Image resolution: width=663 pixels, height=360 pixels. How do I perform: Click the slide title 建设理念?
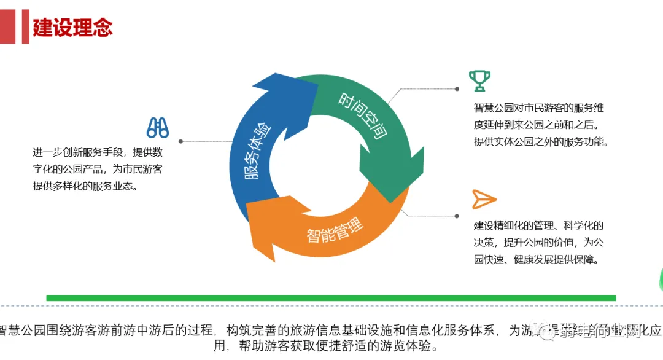[x=72, y=28]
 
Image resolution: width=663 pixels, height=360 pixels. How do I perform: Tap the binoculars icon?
[x=158, y=127]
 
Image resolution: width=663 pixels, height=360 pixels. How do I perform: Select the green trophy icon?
[x=479, y=80]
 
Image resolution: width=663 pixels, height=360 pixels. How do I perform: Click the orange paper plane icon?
[x=484, y=199]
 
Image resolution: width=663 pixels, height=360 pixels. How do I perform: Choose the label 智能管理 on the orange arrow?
[x=335, y=229]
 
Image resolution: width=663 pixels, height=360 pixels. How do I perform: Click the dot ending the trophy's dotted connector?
[x=457, y=89]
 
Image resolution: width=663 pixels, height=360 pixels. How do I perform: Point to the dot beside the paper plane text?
[x=457, y=216]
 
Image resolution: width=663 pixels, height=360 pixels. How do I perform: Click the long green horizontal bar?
[x=331, y=298]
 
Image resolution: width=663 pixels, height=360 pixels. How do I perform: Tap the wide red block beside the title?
[x=7, y=28]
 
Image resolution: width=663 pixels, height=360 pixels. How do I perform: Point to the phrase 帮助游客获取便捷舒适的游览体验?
[x=334, y=346]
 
